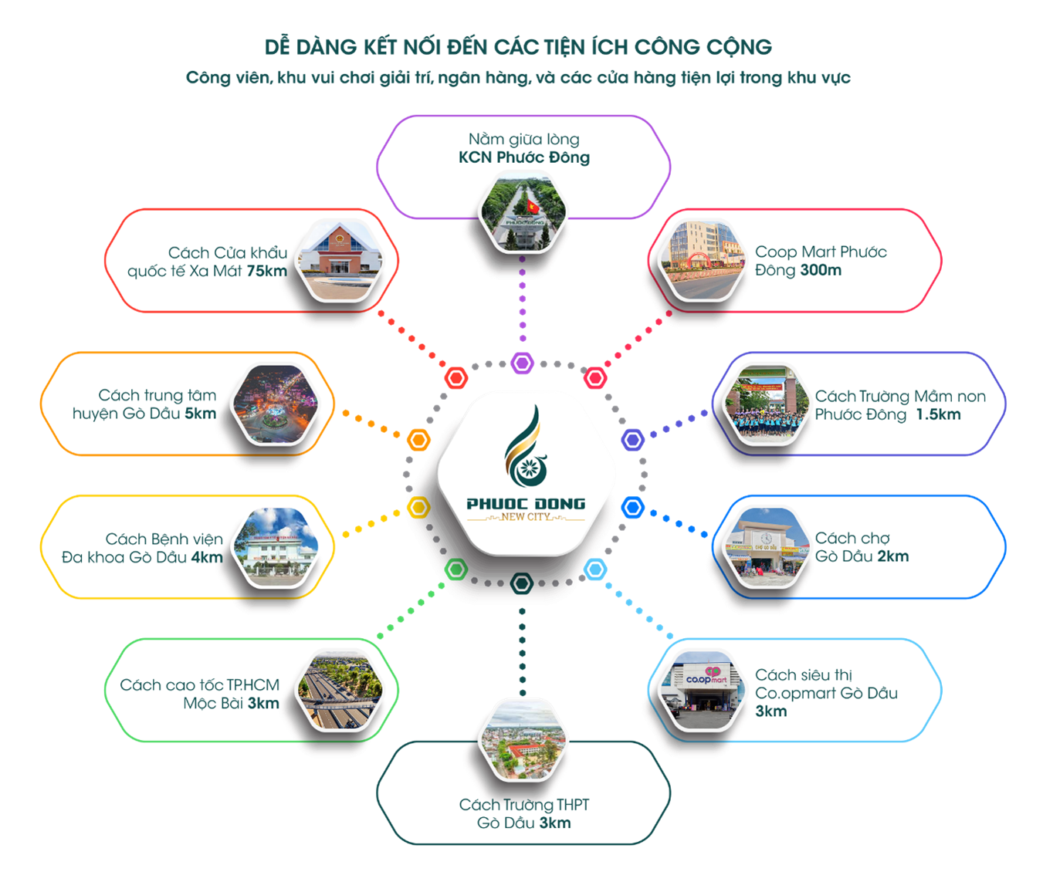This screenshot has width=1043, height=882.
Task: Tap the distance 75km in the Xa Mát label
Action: (267, 271)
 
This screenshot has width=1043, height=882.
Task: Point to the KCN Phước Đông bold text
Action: (523, 157)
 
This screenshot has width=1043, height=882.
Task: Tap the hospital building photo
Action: (276, 546)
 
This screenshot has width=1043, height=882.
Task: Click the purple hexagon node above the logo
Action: (523, 363)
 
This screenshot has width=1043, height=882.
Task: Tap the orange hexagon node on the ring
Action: (418, 440)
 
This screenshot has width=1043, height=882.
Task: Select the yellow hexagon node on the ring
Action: (418, 507)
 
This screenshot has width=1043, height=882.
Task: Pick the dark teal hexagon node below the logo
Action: (523, 583)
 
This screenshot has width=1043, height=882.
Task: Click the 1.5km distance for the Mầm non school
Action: (938, 414)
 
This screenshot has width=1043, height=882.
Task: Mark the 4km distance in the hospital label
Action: (207, 557)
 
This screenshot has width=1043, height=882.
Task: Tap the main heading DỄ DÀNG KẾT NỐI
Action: (518, 47)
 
